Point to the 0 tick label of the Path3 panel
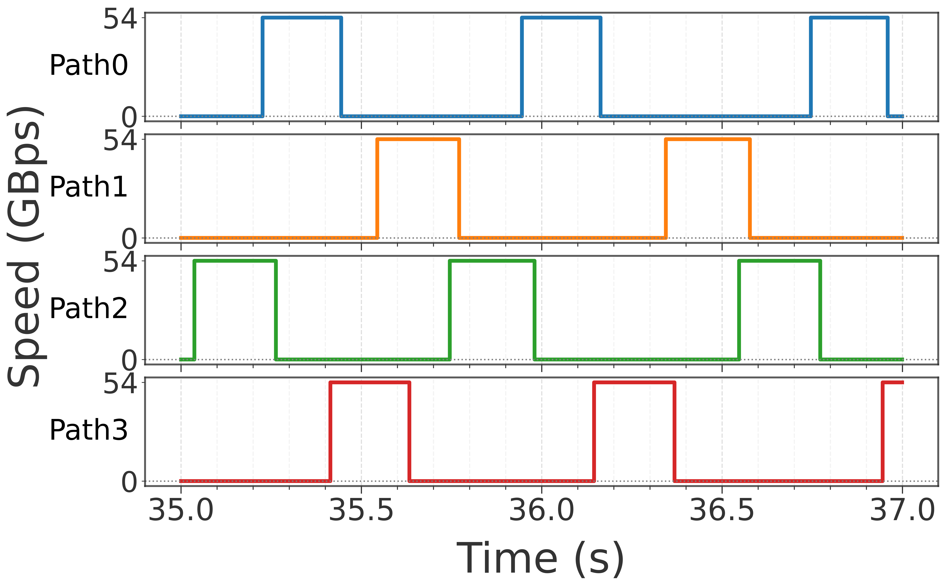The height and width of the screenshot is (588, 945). [129, 482]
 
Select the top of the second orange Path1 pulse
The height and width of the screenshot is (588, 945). [708, 139]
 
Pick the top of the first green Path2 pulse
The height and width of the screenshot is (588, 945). [235, 261]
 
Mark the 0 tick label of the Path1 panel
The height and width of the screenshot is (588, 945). [129, 239]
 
